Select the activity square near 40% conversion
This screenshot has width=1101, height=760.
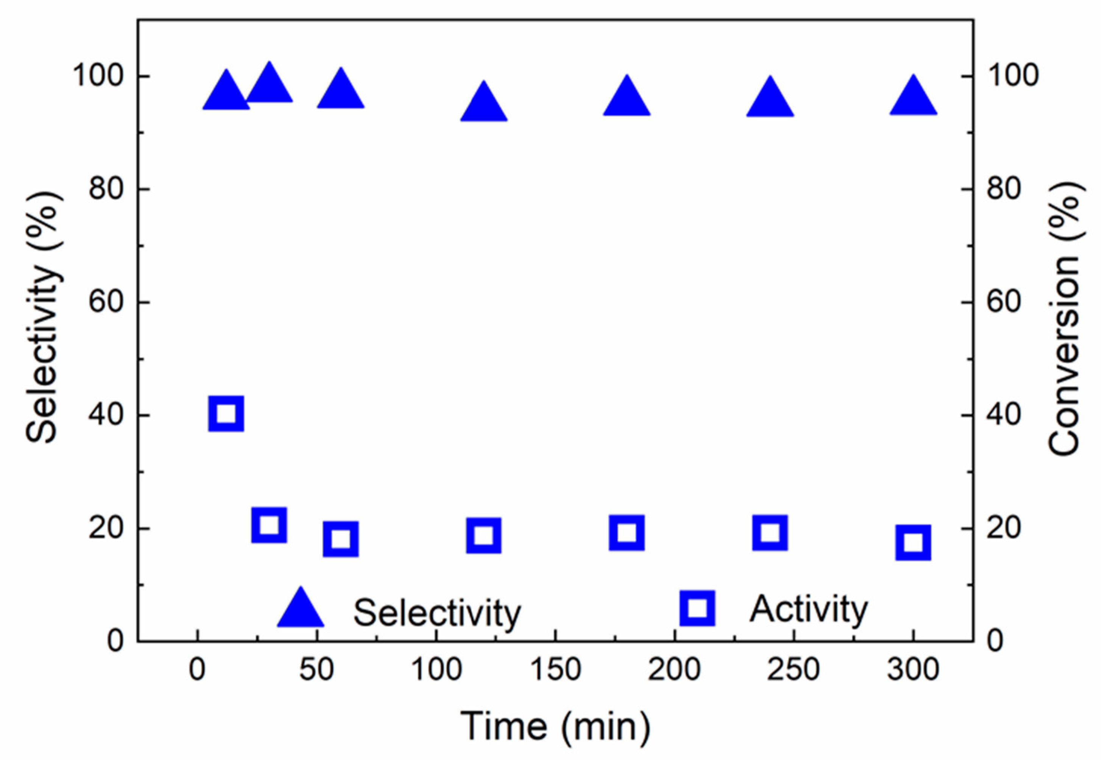tap(226, 413)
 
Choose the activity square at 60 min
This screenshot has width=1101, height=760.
tap(340, 539)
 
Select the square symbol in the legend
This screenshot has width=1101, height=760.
tap(697, 607)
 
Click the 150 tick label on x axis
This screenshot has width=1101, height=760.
tap(555, 669)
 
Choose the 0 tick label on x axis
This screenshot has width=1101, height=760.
tap(197, 669)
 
